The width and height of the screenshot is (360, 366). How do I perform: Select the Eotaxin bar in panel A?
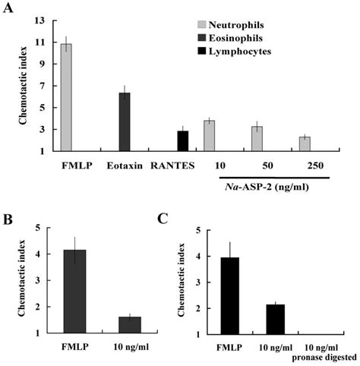[x=125, y=121]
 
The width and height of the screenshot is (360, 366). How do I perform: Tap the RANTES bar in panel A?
[x=182, y=140]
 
